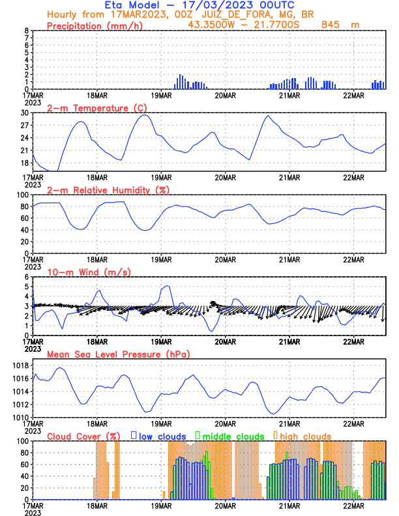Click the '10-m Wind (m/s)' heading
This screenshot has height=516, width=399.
[x=82, y=272]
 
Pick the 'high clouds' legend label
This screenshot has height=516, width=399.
[x=306, y=436]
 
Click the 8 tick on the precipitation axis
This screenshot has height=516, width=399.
[x=27, y=31]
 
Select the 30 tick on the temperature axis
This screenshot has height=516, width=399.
[x=25, y=113]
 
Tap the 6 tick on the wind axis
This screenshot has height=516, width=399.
[x=27, y=277]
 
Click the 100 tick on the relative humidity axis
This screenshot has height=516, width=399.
[x=23, y=195]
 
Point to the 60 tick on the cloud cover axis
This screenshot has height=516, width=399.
[x=25, y=465]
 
